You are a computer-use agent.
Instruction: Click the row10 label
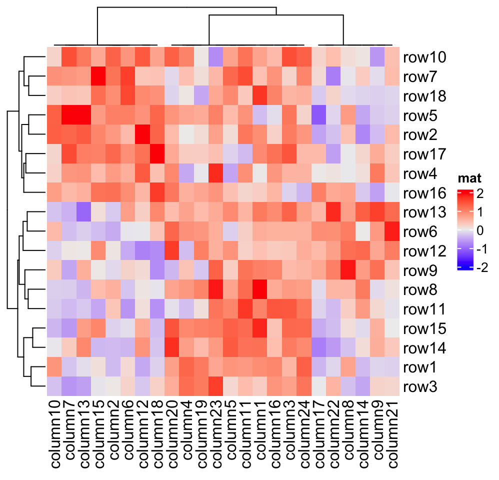[x=424, y=57]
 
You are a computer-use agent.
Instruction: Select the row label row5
[x=421, y=116]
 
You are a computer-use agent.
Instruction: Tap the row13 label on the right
[x=424, y=213]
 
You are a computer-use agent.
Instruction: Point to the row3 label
[x=421, y=387]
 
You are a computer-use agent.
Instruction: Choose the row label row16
[x=424, y=193]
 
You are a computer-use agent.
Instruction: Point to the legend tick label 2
[x=481, y=193]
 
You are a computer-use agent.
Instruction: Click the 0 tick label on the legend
[x=481, y=230]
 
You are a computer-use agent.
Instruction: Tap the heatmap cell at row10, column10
[x=55, y=57]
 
